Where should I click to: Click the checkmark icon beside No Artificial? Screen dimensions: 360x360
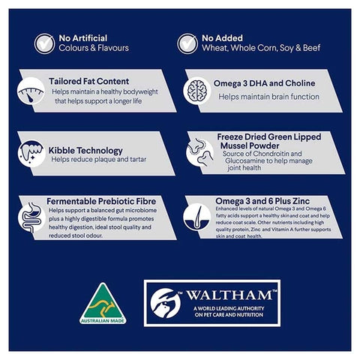tap(44, 43)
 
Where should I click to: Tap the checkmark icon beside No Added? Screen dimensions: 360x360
tap(187, 43)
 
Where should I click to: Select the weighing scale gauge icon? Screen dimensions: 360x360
tap(31, 91)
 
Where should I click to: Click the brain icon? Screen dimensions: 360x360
tap(197, 91)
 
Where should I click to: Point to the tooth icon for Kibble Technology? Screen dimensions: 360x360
tap(31, 153)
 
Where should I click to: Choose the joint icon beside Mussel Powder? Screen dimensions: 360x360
tap(200, 152)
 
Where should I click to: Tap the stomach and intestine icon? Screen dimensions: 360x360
tap(31, 217)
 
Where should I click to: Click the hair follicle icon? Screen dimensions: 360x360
tap(197, 217)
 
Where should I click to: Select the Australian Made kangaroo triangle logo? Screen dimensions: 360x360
tap(103, 304)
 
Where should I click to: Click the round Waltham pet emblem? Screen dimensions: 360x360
tap(166, 303)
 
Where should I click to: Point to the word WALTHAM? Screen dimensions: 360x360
tap(229, 295)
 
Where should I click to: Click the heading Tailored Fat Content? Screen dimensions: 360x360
tap(89, 81)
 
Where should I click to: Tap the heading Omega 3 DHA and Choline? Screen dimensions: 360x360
tap(264, 83)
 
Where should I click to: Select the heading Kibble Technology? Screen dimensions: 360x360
tap(85, 151)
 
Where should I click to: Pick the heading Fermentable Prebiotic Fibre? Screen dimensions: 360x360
tap(101, 201)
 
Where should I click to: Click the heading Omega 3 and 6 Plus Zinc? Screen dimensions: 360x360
tap(262, 201)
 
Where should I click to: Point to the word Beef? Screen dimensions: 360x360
tap(312, 48)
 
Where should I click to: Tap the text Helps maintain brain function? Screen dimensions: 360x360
tap(268, 97)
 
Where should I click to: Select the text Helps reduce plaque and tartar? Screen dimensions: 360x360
tap(99, 159)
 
